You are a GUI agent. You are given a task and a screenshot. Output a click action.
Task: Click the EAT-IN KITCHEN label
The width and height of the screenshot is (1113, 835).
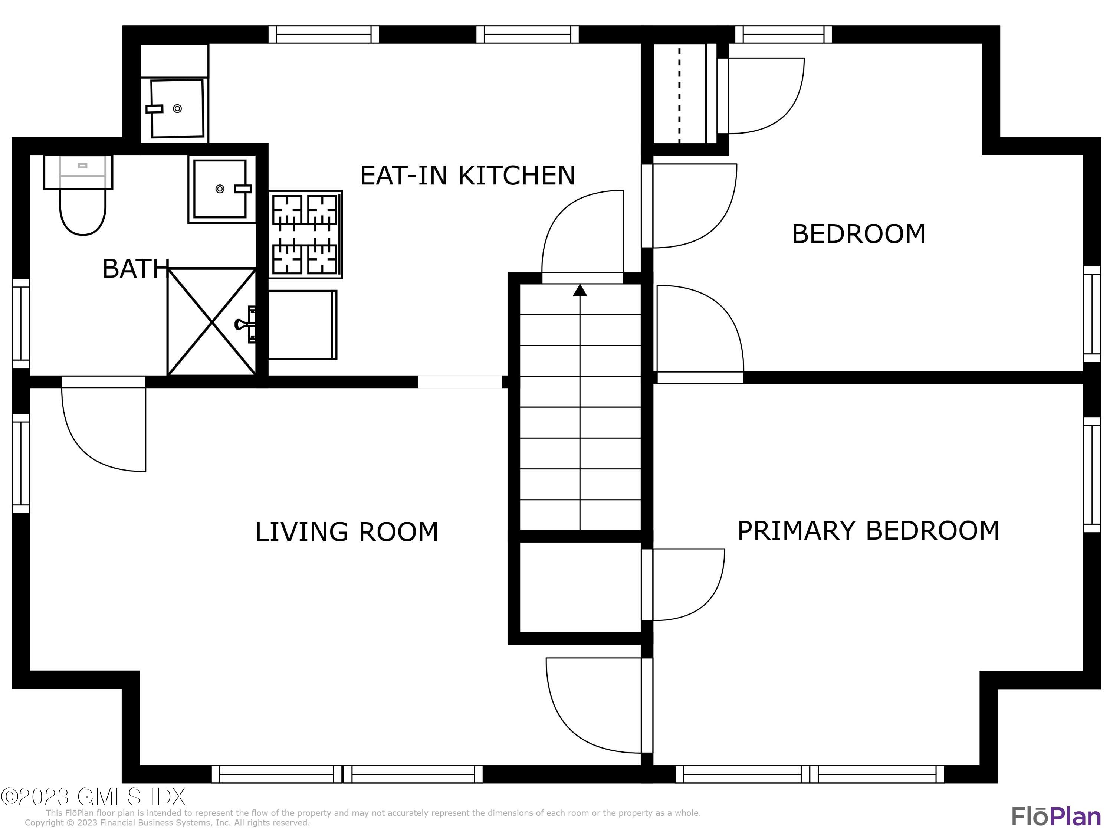point(467,176)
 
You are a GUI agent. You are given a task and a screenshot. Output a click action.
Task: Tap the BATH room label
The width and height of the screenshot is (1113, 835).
point(135,269)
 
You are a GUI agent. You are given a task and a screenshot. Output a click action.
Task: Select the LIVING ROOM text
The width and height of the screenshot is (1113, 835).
point(346,532)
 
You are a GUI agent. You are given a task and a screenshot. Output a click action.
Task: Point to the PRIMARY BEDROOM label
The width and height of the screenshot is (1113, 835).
point(868,530)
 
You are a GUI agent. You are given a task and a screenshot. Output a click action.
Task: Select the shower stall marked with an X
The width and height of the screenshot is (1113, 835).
point(212,322)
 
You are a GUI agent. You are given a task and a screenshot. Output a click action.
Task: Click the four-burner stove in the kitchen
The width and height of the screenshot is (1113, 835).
point(305,235)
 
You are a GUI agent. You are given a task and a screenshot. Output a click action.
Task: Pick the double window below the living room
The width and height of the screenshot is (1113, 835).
point(347,774)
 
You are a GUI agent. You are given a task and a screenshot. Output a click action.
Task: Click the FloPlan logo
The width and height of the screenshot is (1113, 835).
point(1055,816)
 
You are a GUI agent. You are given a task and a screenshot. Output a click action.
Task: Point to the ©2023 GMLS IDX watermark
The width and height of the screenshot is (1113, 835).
point(93,797)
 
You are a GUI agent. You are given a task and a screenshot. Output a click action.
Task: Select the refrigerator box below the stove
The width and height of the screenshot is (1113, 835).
point(302,325)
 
